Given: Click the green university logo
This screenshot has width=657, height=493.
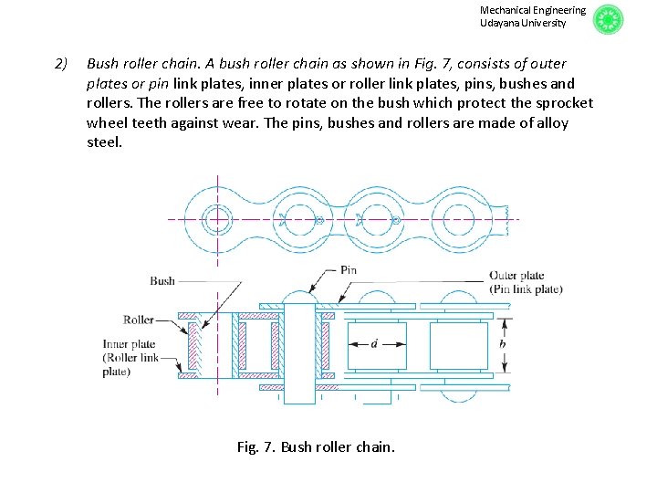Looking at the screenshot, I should pos(608,19).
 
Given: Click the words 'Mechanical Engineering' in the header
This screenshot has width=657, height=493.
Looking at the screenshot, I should pos(533,10).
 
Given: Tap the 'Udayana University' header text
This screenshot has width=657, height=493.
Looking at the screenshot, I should pos(523,23).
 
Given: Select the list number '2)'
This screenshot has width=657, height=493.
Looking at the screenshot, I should pos(61,64).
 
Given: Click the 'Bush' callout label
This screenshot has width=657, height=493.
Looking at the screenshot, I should pos(162,281).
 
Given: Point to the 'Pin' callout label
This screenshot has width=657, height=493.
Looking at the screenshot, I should pos(348,270).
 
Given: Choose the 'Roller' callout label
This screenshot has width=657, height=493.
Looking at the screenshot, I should pos(138,320).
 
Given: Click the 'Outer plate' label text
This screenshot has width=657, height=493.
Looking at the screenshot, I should pos(516,276).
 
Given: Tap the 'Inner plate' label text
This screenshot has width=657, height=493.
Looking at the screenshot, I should pos(131,344).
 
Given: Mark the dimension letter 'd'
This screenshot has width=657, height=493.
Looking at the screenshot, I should pos(374,344).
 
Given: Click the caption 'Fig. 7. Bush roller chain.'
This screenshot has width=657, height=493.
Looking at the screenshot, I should pos(316,446).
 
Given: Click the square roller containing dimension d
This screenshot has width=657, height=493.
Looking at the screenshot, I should pos(378,345).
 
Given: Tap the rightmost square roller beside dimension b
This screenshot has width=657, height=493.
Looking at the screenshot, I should pos(458,345).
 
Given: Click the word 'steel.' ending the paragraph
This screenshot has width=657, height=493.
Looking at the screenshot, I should pos(104,142).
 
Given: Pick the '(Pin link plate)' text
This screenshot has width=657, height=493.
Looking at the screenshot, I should pos(526,289).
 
